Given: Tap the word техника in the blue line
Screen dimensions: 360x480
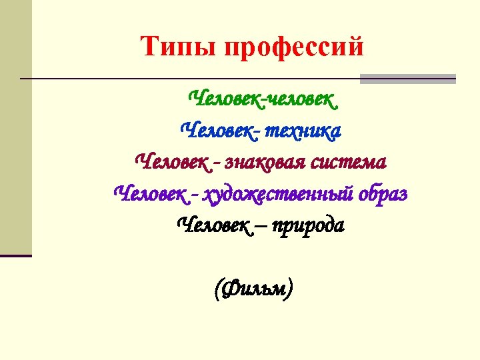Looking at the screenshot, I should coord(303,131).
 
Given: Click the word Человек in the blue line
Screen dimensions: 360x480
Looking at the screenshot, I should coord(218,131).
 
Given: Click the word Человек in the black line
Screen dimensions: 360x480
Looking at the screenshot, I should coord(213,225).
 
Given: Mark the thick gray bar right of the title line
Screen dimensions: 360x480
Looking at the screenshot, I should coord(407,79).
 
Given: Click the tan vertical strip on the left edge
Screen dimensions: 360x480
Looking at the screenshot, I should coord(15,127).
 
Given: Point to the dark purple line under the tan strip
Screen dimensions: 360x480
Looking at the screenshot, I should coord(15,255).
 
